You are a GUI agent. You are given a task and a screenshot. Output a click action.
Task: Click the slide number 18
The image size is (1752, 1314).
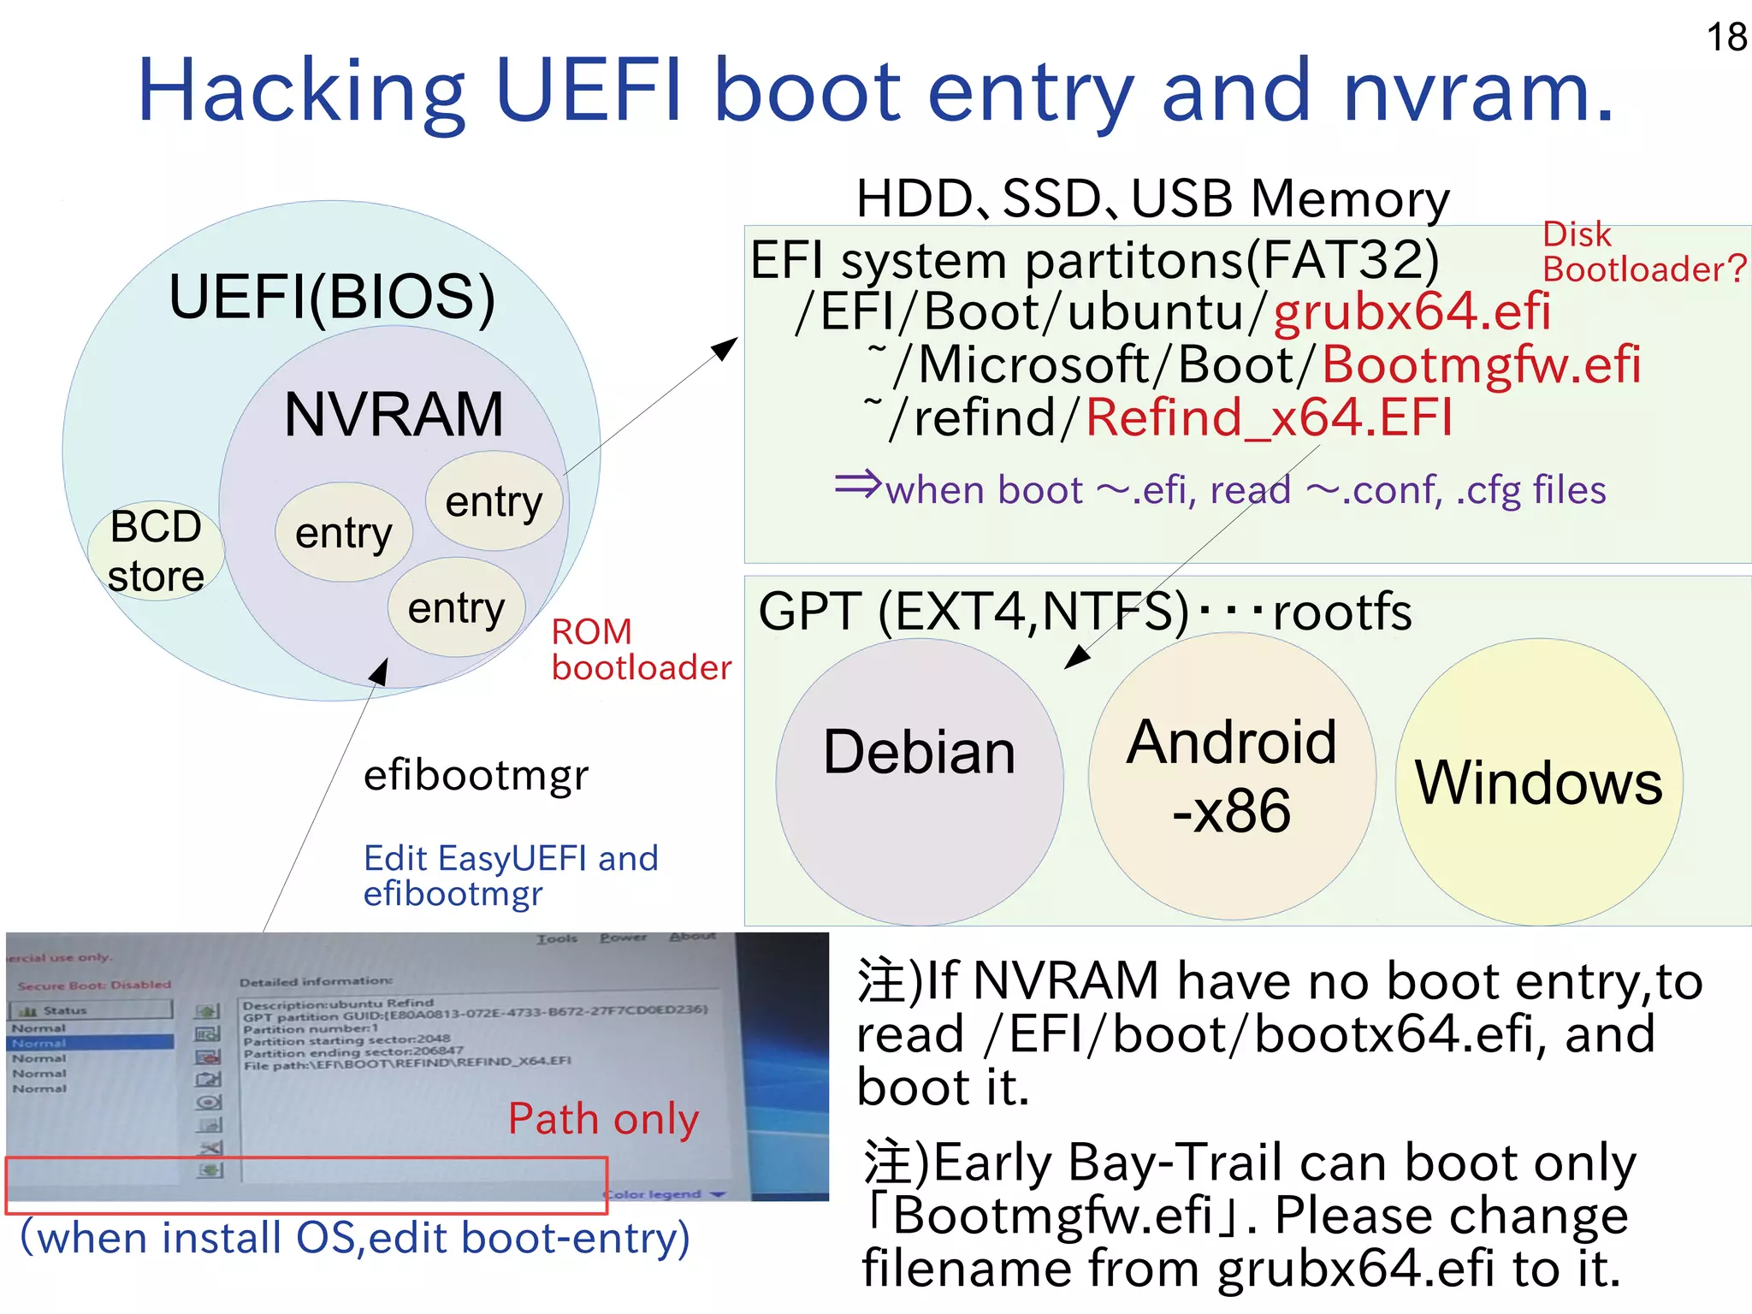[x=1725, y=38]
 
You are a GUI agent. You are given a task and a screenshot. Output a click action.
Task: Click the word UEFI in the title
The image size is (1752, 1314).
[x=589, y=91]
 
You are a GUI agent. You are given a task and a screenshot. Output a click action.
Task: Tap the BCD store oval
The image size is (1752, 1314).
[x=156, y=551]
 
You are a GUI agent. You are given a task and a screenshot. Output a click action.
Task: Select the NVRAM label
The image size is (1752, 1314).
[x=394, y=415]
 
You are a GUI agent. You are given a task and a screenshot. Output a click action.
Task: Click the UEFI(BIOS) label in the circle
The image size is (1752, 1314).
[x=332, y=297]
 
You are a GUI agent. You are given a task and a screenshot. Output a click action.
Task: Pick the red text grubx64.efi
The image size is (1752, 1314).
[x=1412, y=311]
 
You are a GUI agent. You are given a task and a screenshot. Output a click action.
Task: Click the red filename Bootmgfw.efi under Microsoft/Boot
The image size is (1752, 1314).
[x=1481, y=364]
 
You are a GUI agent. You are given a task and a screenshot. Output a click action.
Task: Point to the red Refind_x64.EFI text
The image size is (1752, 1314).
[x=1269, y=418]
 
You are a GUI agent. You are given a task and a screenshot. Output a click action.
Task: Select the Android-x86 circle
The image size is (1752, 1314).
[x=1232, y=776]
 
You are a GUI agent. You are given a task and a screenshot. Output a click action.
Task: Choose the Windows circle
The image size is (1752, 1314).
[x=1538, y=783]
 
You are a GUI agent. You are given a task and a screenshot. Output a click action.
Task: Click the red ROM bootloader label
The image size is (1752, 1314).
[x=640, y=650]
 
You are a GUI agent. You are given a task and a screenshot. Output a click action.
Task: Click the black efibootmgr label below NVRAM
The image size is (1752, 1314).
[x=476, y=776]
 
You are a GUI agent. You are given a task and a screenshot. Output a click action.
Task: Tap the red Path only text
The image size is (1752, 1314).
[x=603, y=1119]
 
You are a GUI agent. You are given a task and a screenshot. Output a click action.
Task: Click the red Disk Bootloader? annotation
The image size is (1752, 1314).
[x=1642, y=252]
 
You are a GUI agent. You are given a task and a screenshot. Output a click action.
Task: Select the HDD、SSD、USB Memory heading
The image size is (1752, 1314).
[x=1152, y=198]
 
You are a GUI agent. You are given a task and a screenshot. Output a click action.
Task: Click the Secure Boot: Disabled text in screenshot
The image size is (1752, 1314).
[x=94, y=985]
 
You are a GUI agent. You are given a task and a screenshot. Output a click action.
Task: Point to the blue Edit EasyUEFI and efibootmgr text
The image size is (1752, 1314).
[x=511, y=875]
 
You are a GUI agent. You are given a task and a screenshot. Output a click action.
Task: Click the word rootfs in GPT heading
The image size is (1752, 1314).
[x=1341, y=613]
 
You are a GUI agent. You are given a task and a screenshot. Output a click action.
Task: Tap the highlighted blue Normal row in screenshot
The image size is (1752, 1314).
[x=90, y=1043]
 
